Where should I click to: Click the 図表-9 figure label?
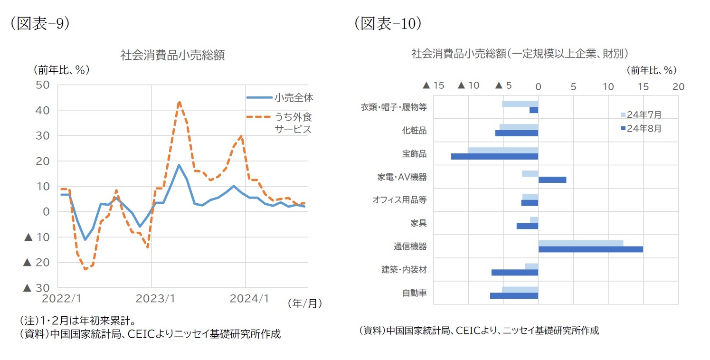coord(40,24)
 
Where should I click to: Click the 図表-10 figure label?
coord(387,24)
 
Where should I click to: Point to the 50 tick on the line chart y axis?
coord(43,85)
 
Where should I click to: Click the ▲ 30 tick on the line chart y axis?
coord(37,288)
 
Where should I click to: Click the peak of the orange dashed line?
coord(179,102)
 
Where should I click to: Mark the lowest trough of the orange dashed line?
coord(85,269)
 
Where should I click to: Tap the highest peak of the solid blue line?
coord(179,165)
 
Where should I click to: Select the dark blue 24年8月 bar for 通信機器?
coord(590,249)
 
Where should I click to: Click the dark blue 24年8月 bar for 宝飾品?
coord(494,156)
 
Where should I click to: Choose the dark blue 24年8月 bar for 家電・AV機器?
coord(552,180)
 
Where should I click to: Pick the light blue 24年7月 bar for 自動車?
coord(520,290)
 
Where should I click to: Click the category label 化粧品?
coord(414,131)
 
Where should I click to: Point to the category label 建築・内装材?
coord(404,270)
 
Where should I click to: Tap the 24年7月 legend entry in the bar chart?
coord(641,115)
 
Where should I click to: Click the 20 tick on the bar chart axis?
coord(678,86)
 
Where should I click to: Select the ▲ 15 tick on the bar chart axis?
coord(433,86)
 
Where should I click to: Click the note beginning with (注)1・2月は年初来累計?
coord(78,320)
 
